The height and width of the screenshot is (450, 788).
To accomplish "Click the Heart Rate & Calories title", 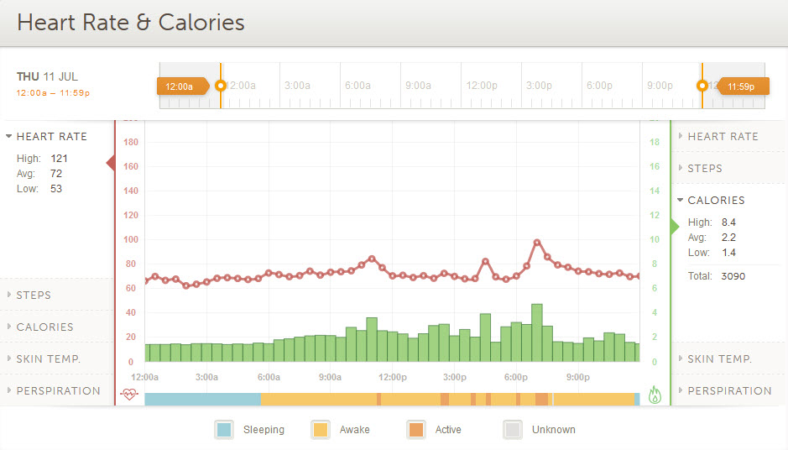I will [x=131, y=23].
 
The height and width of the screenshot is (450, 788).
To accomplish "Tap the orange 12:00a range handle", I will [x=180, y=86].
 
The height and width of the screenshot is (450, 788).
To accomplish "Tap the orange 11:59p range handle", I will [x=741, y=86].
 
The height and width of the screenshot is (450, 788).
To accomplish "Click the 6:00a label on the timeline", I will [x=357, y=86].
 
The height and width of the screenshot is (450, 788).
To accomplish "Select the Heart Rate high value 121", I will [x=59, y=159].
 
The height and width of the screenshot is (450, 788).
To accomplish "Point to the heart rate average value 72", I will [x=56, y=174].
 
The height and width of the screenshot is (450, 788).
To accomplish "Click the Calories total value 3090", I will [x=733, y=276].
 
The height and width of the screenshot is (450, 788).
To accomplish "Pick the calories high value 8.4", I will [x=728, y=222].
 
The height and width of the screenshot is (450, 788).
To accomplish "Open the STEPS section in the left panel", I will [x=34, y=296].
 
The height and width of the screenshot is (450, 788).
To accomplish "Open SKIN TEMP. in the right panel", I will [x=719, y=359].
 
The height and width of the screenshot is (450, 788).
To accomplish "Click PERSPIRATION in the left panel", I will [x=58, y=391].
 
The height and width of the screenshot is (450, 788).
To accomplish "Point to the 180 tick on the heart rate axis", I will [x=131, y=143].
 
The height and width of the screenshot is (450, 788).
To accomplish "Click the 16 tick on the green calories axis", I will [x=655, y=167].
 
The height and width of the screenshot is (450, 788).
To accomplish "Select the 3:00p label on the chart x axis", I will [x=454, y=377].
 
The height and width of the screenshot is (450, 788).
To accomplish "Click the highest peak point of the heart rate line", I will [x=537, y=243].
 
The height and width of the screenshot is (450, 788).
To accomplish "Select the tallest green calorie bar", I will [x=537, y=332].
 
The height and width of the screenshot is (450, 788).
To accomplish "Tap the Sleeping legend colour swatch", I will [x=224, y=430].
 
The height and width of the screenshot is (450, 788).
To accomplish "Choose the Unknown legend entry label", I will [x=553, y=430].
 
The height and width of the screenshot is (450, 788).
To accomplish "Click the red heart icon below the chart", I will [x=128, y=395].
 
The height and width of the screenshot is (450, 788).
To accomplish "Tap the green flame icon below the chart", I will [x=655, y=395].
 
